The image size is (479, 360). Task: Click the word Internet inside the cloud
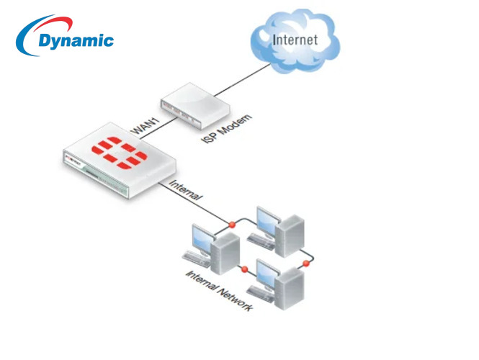pyautogui.click(x=294, y=39)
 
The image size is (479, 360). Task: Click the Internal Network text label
pyautogui.click(x=219, y=292)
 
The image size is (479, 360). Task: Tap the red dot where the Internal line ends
pyautogui.click(x=232, y=225)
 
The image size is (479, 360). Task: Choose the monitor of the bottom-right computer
pyautogui.click(x=266, y=273)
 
